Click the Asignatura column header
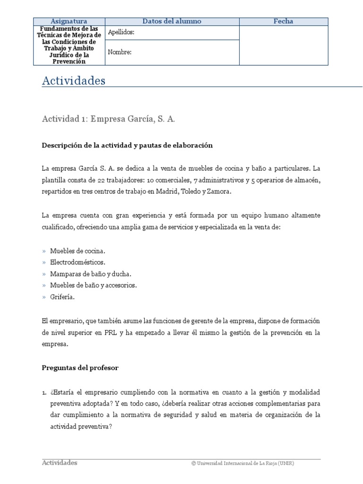[69, 21]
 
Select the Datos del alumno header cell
[172, 21]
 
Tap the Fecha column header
[283, 21]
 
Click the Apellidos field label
[121, 33]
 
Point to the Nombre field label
[120, 52]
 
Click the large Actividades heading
[73, 81]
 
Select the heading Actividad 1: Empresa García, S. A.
[109, 120]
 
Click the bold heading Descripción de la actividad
[127, 146]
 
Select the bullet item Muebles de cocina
[78, 251]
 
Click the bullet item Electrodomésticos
[78, 262]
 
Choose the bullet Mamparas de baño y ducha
[91, 274]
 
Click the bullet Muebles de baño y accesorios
[93, 285]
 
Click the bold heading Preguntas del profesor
[80, 368]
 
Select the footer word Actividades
[60, 463]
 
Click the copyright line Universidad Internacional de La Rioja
[242, 463]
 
